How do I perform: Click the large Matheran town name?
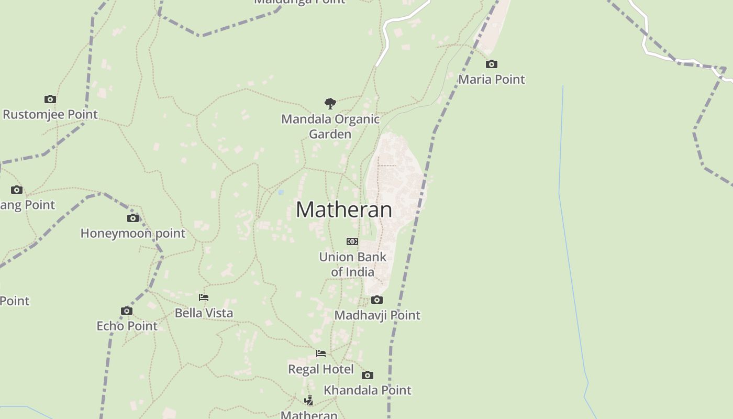[x=344, y=210]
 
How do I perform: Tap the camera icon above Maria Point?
[x=491, y=64]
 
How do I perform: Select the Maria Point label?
[x=491, y=79]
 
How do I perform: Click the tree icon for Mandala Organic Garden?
[x=330, y=103]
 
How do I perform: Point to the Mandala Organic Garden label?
[x=330, y=126]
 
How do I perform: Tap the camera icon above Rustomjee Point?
[x=50, y=99]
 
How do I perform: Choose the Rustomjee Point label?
[x=50, y=114]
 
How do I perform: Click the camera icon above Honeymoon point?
[x=133, y=218]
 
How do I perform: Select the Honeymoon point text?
[x=133, y=233]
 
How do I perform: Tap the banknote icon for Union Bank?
[x=352, y=241]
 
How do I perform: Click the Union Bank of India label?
[x=353, y=264]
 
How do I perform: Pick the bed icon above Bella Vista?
[x=204, y=297]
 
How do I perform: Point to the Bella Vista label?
[x=204, y=313]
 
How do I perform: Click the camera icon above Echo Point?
[x=127, y=311]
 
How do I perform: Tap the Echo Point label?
[x=127, y=326]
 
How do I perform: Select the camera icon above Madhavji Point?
[x=377, y=300]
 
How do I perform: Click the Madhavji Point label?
[x=377, y=315]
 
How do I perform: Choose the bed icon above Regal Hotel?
[x=321, y=354]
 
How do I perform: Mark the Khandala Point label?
[x=368, y=390]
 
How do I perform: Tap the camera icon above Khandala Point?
[x=368, y=375]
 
